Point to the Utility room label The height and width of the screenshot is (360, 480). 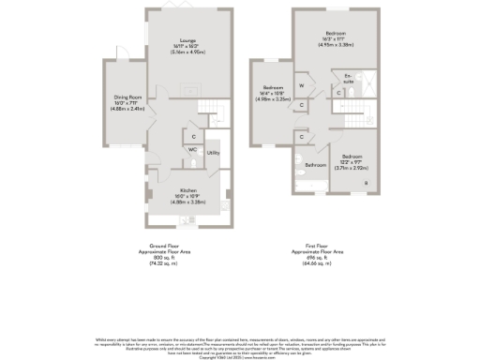pyautogui.click(x=213, y=152)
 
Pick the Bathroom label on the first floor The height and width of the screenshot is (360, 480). pyautogui.click(x=316, y=165)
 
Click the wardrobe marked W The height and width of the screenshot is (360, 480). pyautogui.click(x=302, y=85)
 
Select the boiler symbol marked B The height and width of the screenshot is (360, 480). pyautogui.click(x=367, y=182)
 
